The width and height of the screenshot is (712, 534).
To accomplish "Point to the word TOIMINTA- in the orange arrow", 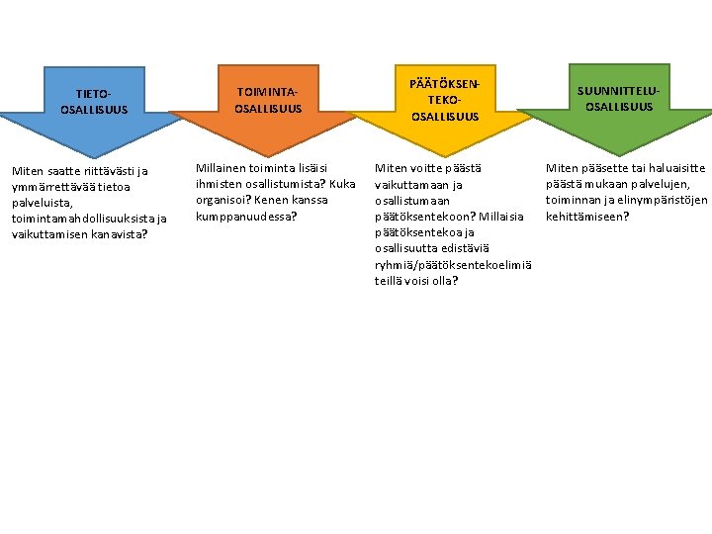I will click(267, 92).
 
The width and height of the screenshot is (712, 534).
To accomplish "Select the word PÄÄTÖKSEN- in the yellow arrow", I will click(445, 85).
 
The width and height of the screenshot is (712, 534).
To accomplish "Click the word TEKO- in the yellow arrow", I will click(444, 101).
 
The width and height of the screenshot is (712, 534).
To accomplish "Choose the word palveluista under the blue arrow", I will click(41, 202).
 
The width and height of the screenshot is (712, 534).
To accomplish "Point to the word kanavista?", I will click(118, 233).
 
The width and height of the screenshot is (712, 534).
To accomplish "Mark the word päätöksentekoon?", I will click(418, 217).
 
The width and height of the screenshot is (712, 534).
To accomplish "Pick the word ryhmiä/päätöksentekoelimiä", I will click(453, 264).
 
